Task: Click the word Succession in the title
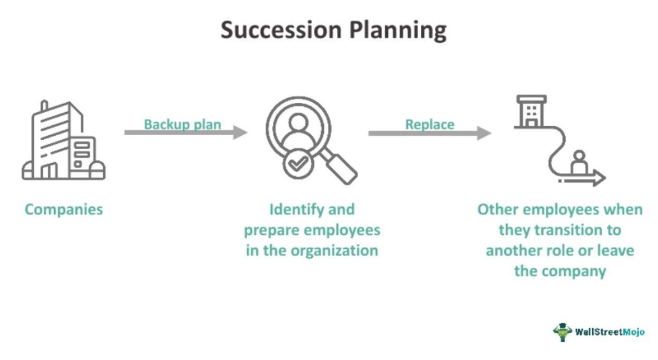click(281, 30)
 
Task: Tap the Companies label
click(64, 210)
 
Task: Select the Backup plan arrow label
click(182, 124)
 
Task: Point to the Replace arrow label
click(430, 124)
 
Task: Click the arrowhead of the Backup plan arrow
click(240, 132)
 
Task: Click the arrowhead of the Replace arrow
click(484, 133)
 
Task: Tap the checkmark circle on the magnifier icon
click(298, 164)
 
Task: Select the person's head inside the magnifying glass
click(298, 122)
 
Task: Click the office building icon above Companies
click(64, 140)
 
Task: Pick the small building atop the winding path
click(531, 111)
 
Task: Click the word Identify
click(295, 210)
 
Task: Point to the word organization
click(334, 251)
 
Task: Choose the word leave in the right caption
click(615, 250)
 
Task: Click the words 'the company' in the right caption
click(560, 271)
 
